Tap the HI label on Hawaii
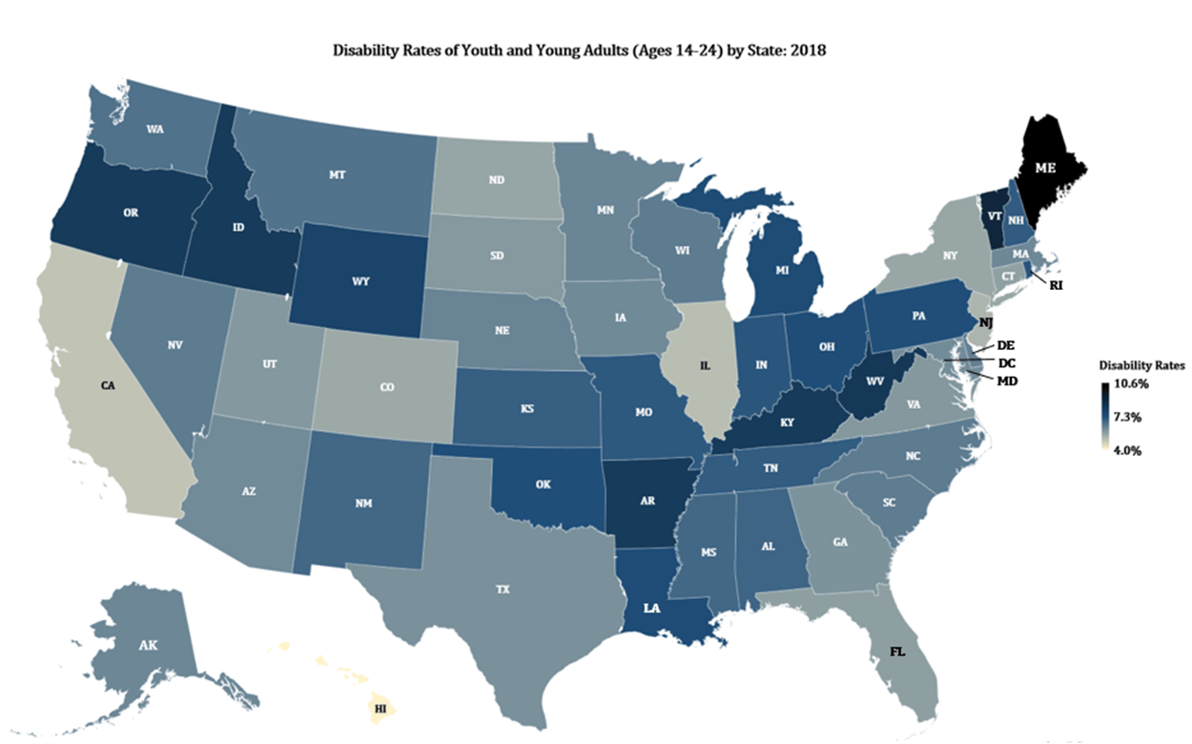point(380,710)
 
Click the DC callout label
point(1006,363)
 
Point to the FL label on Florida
point(897,652)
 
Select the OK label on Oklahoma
point(543,485)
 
